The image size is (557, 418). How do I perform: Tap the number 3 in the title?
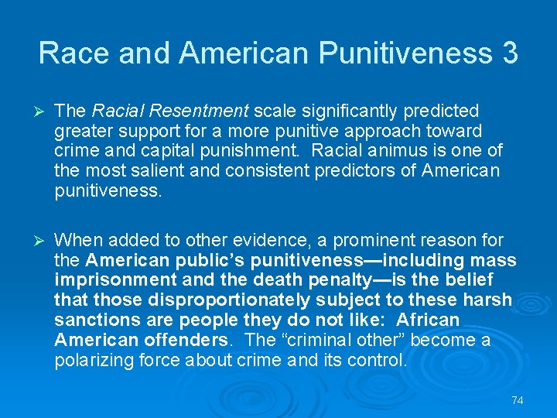[x=509, y=53]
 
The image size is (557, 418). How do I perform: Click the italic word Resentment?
[x=208, y=111]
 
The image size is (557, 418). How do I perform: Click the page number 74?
[x=518, y=400]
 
